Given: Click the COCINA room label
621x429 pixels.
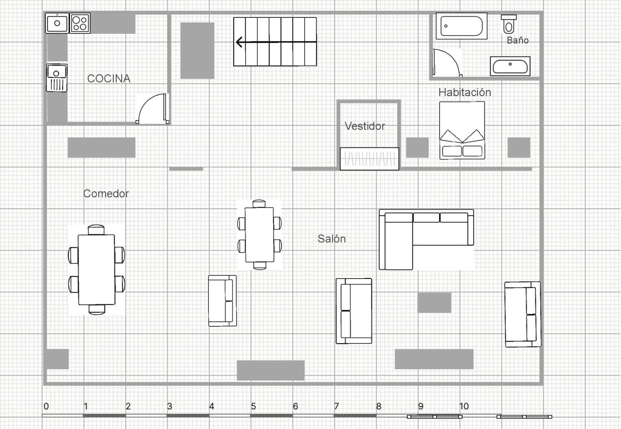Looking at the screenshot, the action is coord(109,79).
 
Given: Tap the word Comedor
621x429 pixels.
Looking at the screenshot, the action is coord(106,193).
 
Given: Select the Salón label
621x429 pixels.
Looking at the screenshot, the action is coord(331,239).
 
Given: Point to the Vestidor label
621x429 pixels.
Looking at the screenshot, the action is coord(364,126).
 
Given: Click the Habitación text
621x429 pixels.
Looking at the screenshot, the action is coord(465,93).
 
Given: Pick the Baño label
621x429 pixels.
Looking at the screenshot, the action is coord(518,40).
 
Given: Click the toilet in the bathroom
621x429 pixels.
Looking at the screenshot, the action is coord(509,24).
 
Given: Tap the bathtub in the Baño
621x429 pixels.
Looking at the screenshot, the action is coord(461,26).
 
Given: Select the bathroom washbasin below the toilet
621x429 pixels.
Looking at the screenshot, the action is coord(510,66).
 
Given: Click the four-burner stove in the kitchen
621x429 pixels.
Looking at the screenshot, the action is coord(80,23).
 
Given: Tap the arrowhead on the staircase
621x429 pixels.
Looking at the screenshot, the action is coord(239,42).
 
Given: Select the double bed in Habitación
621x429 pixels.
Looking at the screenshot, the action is coord(462,130).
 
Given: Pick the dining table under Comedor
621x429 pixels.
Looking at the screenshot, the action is coord(97,270).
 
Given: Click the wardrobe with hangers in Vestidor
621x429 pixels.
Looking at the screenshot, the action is coord(369,159).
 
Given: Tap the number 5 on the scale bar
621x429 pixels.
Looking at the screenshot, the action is coord(253,406).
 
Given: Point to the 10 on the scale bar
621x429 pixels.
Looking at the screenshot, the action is coord(464,406).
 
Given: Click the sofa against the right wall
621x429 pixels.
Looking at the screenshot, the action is coord(522,314).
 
